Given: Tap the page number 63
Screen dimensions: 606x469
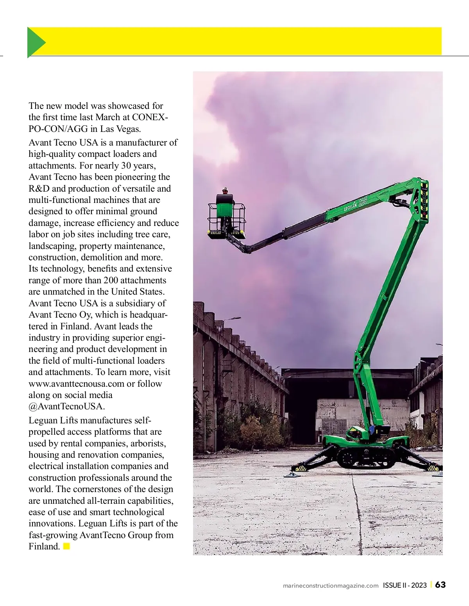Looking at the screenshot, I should [x=440, y=585].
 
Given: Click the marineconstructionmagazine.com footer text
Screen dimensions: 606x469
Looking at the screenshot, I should [x=331, y=585].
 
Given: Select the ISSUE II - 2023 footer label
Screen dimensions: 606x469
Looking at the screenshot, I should [x=405, y=585].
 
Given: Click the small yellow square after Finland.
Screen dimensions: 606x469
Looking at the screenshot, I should [x=66, y=546].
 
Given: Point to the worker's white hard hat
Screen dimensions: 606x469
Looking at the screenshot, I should [x=225, y=189].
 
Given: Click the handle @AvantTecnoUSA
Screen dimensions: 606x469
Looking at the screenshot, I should [x=66, y=406].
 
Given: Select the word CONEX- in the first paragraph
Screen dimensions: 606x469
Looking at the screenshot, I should [x=150, y=117].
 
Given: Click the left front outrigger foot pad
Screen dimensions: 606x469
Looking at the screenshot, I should [x=291, y=474].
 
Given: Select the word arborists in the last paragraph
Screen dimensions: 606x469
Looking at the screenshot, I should [x=148, y=443].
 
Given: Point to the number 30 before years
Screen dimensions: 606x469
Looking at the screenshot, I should [x=126, y=165].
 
